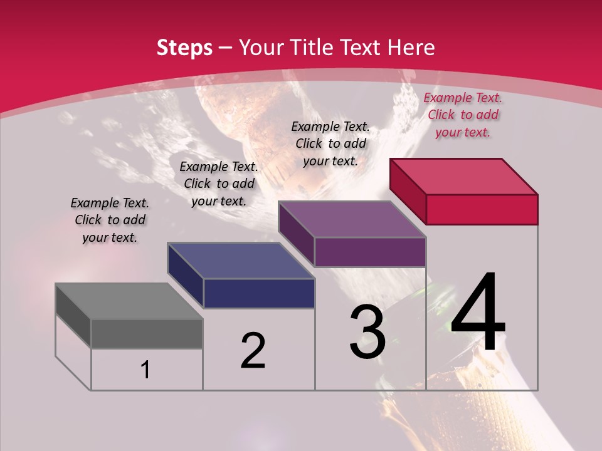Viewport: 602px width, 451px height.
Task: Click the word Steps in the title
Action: click(x=184, y=48)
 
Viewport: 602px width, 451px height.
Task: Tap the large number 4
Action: click(x=478, y=313)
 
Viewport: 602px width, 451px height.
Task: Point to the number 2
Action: click(x=253, y=351)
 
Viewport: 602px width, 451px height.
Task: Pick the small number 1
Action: click(x=145, y=370)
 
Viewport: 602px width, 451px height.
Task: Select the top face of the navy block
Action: click(x=241, y=261)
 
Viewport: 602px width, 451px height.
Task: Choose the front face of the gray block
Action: click(x=147, y=334)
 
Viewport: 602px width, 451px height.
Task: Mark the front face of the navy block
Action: click(x=259, y=293)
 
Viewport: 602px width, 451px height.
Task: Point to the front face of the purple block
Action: click(x=370, y=252)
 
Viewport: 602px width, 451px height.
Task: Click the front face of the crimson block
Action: click(x=482, y=209)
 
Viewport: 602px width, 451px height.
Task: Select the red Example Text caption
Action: click(x=463, y=115)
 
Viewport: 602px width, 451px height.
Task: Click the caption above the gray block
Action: click(x=110, y=220)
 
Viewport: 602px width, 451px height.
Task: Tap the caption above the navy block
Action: click(x=219, y=184)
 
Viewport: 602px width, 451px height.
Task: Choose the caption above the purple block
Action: click(x=330, y=143)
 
